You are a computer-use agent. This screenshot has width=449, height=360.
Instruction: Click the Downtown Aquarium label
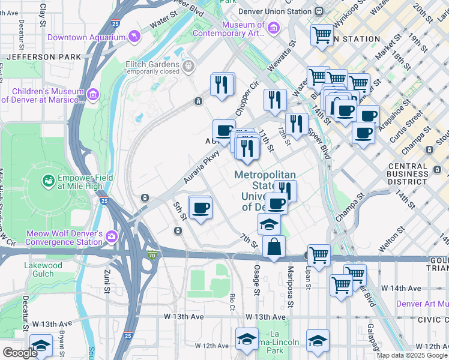[85, 37]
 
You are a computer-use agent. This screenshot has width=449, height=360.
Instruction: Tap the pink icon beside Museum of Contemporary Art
[273, 28]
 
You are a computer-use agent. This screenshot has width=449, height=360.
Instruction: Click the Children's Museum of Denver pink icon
[93, 95]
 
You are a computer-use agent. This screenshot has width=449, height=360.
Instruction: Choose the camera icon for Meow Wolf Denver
[111, 238]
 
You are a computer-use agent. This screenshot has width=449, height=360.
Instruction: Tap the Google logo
[20, 353]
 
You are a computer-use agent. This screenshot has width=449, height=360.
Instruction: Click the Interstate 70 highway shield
[151, 255]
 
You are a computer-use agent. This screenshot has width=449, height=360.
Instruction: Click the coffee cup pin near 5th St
[200, 208]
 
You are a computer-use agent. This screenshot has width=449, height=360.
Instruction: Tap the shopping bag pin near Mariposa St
[274, 247]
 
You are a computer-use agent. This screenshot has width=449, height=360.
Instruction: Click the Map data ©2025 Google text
[412, 355]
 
